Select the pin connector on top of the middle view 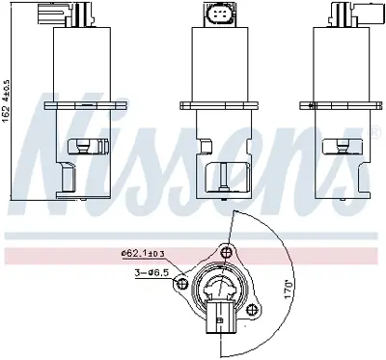217,16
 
